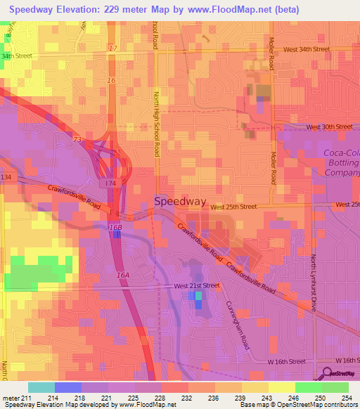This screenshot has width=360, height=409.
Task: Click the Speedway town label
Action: [180, 201]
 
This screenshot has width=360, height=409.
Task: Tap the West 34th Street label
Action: [307, 50]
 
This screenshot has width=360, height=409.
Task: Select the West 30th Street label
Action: [329, 127]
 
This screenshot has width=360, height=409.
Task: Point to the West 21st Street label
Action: [197, 286]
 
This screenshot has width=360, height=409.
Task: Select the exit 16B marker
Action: [115, 228]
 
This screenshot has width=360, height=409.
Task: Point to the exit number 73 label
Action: [77, 140]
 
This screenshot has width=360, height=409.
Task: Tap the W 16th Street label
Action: [288, 361]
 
